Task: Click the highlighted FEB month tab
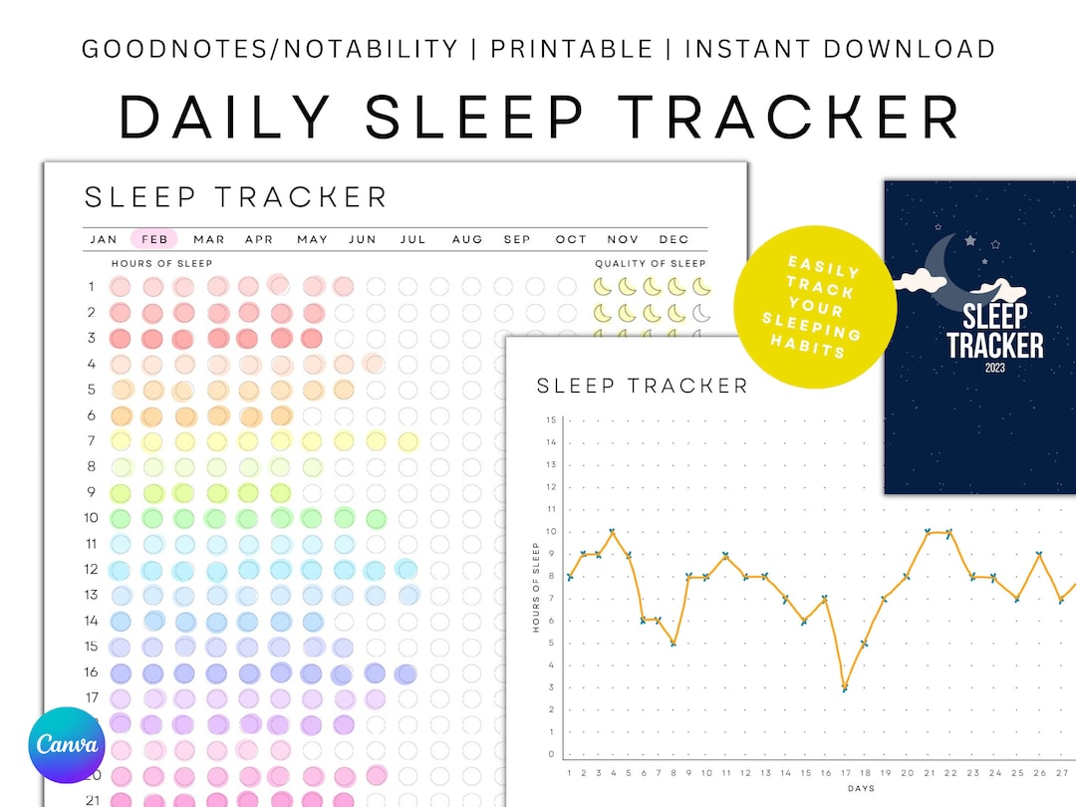154,239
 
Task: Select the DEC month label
674,239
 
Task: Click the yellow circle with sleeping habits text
815,307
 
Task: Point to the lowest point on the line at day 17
845,687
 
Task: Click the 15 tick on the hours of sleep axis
551,419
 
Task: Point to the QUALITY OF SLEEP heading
651,264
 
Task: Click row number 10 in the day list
91,518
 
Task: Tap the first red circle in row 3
121,338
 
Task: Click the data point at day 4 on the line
612,532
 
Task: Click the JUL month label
412,239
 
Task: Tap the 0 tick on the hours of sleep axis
552,754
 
